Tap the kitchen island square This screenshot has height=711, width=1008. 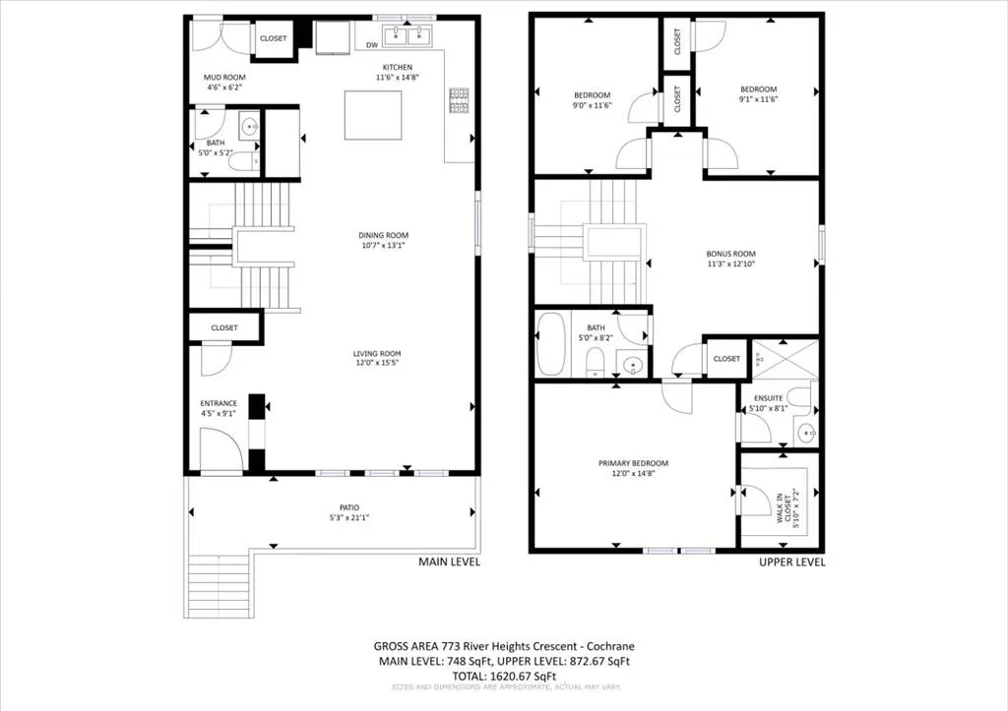373,115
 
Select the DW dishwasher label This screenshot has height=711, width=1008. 372,45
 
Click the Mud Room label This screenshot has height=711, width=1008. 224,77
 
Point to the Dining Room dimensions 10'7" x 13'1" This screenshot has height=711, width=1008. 383,246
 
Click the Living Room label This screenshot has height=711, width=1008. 377,353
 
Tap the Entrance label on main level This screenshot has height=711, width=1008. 219,403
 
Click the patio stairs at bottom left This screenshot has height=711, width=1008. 220,586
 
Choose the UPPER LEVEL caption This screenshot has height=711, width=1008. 791,563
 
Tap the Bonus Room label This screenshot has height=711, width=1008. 729,253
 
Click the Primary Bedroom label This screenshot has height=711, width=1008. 633,463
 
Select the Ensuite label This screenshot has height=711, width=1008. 769,397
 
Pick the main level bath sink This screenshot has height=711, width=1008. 248,126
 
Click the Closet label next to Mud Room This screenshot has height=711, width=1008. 273,38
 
